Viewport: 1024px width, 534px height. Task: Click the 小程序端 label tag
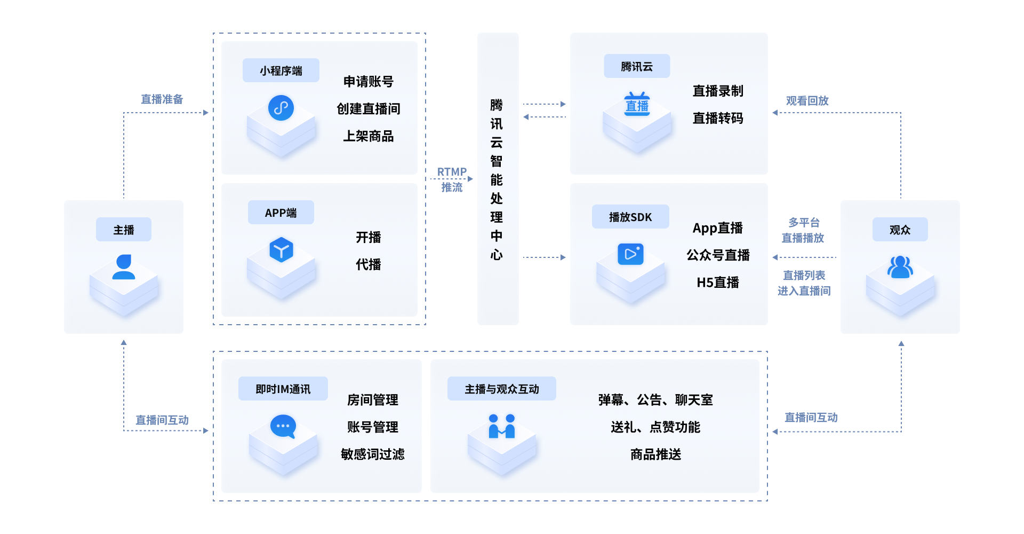(281, 70)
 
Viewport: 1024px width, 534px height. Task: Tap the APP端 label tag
(281, 213)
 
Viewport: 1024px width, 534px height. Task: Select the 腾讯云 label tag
(637, 66)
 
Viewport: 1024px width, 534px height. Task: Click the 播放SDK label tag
(630, 217)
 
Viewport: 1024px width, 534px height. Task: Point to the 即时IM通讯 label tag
(283, 389)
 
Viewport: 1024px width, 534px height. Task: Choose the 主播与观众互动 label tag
(502, 389)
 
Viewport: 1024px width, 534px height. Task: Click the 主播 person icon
(124, 267)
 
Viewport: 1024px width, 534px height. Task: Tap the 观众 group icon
(900, 267)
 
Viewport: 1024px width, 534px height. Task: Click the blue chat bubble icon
(283, 427)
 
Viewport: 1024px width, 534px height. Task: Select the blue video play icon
(630, 254)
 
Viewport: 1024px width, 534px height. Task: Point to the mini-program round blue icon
(281, 108)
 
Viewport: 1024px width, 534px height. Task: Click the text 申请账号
(369, 82)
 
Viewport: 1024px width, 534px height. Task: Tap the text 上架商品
(369, 136)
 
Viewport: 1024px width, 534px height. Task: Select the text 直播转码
(718, 118)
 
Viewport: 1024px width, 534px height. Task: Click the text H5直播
(718, 282)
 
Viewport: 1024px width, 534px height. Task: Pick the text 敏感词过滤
(373, 454)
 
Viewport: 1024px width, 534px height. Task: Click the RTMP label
(452, 172)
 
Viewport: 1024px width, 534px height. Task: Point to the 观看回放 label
(807, 100)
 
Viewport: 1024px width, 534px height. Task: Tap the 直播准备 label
(162, 99)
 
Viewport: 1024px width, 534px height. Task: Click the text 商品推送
(656, 454)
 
